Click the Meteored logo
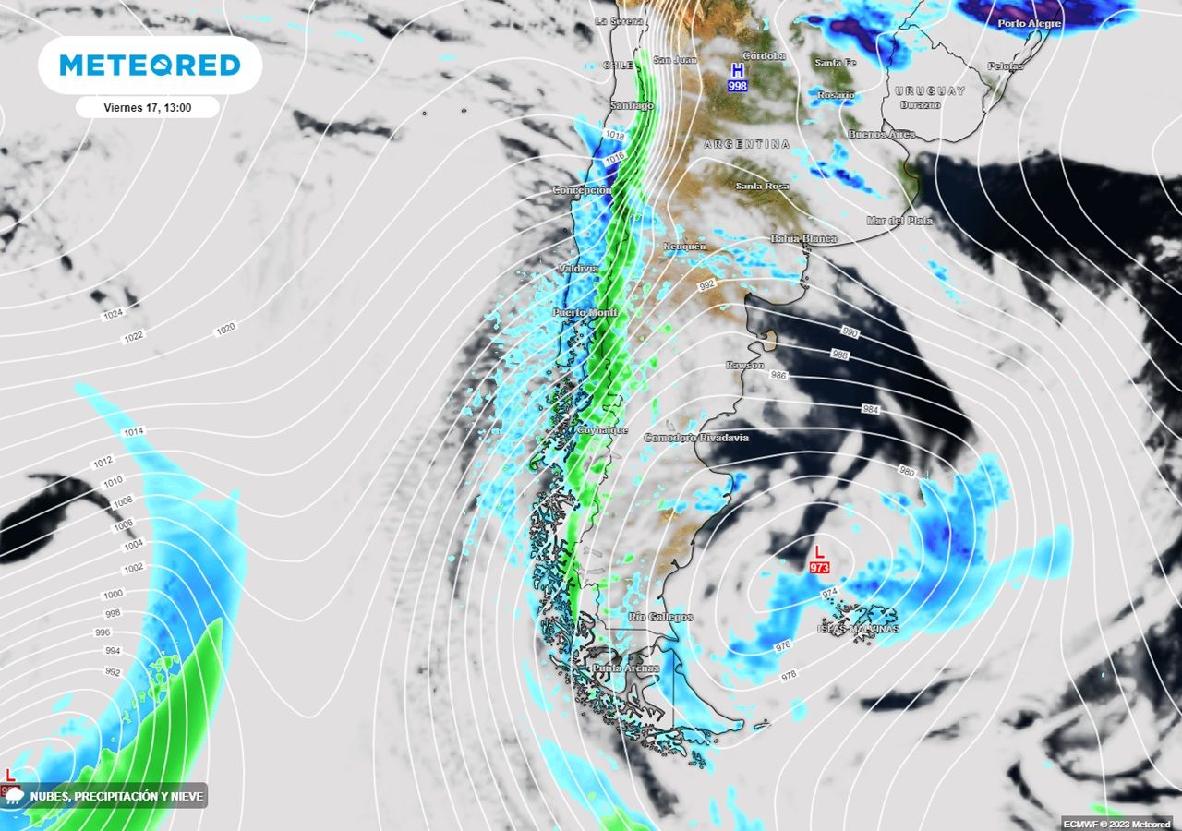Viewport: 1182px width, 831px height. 150,65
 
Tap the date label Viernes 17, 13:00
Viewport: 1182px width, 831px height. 148,107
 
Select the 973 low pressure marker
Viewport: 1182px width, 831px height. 818,560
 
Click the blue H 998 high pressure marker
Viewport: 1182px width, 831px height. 737,78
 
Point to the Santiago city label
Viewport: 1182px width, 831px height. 632,105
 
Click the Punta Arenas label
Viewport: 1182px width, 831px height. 625,668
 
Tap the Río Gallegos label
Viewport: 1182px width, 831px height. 660,617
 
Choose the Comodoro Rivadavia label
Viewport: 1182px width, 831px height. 696,437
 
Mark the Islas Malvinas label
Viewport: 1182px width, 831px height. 856,629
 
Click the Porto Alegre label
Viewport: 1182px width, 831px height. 1030,23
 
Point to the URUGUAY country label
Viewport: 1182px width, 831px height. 929,90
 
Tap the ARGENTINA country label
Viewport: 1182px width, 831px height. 747,144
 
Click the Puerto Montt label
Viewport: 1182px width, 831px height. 585,313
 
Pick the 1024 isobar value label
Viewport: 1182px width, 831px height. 113,315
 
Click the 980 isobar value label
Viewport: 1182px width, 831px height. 906,471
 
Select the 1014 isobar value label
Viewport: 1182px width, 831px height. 133,432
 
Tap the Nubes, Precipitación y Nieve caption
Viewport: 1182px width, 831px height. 116,796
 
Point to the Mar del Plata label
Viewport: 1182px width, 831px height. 899,221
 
